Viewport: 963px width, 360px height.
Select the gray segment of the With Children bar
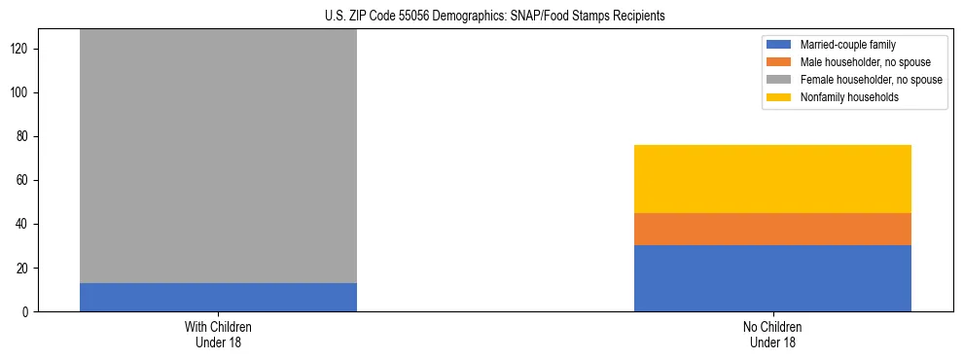[x=218, y=156]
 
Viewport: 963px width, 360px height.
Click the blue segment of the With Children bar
[x=218, y=297]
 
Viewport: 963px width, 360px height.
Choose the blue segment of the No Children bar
[x=772, y=278]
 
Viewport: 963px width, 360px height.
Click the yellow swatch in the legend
[x=780, y=97]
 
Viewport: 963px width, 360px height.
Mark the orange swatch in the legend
[x=780, y=62]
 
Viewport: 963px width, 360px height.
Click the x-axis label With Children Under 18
[x=218, y=334]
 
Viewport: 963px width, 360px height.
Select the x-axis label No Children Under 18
[x=772, y=334]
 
